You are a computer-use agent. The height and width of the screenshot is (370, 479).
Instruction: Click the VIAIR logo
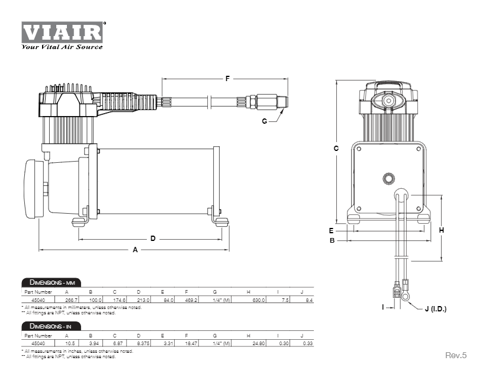tap(63, 31)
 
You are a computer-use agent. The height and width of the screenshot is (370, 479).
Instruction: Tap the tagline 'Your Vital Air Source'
tap(62, 46)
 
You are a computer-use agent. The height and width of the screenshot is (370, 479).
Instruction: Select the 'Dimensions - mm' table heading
tap(51, 282)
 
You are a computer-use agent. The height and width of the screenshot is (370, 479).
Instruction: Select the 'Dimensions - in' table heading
tap(50, 326)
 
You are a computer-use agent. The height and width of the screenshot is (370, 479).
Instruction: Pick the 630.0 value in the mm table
tap(259, 301)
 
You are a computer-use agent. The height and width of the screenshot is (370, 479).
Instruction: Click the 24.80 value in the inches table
tap(259, 344)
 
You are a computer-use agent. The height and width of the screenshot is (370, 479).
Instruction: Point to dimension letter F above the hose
tap(227, 78)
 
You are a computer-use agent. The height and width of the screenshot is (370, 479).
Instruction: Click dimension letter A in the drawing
tap(135, 250)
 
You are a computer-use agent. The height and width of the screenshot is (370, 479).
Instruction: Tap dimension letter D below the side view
tap(153, 239)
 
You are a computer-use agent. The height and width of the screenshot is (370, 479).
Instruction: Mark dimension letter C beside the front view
tap(336, 149)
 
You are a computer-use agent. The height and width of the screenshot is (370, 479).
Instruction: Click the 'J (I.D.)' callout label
tap(435, 308)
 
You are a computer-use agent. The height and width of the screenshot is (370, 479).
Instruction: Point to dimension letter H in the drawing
tap(441, 230)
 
